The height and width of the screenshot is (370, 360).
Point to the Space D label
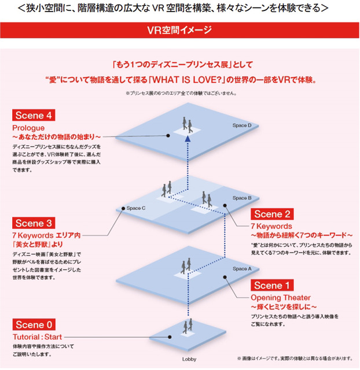pos(241,125)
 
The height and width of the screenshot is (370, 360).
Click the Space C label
pos(136,208)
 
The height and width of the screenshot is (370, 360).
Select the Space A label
pos(242,269)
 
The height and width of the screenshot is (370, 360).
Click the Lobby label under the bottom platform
pos(189,360)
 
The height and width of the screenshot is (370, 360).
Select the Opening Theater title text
pos(280,297)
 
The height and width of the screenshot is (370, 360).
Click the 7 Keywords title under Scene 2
pos(271,226)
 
